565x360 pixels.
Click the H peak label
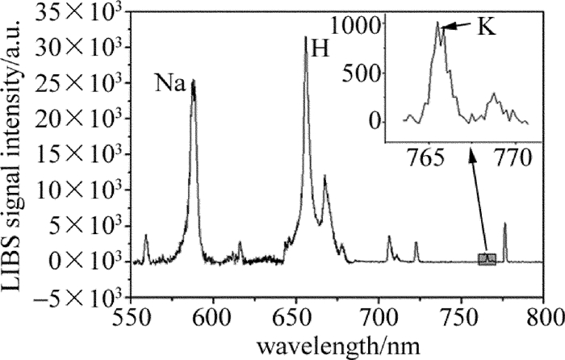click(x=320, y=48)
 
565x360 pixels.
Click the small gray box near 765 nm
click(x=487, y=258)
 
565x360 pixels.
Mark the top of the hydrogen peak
click(x=306, y=37)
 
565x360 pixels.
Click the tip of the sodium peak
click(x=194, y=80)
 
